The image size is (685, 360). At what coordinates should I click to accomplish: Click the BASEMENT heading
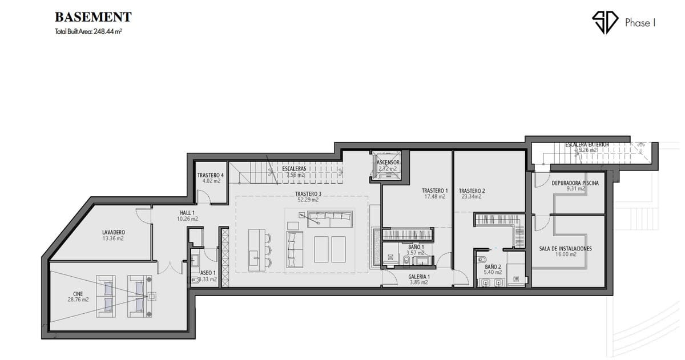pos(93,17)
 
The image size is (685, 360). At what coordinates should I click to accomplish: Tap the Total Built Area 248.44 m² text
pos(88,32)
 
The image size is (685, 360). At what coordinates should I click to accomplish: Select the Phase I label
pos(640,23)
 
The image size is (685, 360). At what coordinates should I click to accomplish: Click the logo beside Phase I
pos(605,22)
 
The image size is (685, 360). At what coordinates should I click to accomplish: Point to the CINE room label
pos(78,294)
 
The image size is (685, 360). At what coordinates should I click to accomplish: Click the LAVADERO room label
pos(113,232)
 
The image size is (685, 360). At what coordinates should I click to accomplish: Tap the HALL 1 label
pos(188,212)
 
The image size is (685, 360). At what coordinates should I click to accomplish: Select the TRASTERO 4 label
pos(210,175)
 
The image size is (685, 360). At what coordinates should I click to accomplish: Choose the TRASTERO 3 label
pos(308,194)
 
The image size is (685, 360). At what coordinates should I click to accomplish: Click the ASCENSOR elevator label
pos(388,163)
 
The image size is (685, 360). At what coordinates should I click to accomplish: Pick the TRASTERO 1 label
pos(435,191)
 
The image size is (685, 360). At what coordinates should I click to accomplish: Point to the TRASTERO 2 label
pos(472,191)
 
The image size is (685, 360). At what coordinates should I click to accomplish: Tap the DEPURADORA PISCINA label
pos(575,183)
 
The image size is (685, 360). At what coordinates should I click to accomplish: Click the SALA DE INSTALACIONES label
pos(565,249)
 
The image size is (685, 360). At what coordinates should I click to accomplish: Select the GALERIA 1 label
pos(419,277)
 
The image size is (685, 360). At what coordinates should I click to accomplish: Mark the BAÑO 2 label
pos(493,266)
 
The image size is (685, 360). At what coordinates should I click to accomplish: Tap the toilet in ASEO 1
pos(192,280)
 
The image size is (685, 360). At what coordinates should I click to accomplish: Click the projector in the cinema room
pos(151,296)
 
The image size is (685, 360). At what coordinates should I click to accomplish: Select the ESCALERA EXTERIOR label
pos(587,144)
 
